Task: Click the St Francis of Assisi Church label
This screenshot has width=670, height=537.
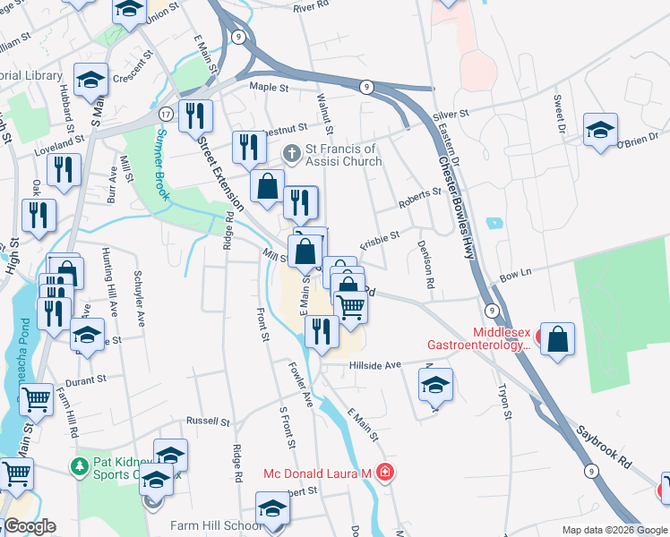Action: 344,155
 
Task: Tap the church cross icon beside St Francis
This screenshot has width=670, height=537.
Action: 291,155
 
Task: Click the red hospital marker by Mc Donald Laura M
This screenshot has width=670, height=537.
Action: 385,472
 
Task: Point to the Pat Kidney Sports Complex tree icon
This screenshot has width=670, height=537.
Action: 80,466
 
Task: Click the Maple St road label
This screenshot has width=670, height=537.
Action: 269,88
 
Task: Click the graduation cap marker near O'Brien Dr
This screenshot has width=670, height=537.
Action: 600,129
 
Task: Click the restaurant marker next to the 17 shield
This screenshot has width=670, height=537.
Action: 194,115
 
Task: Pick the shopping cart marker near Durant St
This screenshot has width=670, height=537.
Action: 36,399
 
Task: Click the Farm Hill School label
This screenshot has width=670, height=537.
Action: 205,526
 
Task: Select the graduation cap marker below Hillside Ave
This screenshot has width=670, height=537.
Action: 435,384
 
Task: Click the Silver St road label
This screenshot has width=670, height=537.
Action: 451,115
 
